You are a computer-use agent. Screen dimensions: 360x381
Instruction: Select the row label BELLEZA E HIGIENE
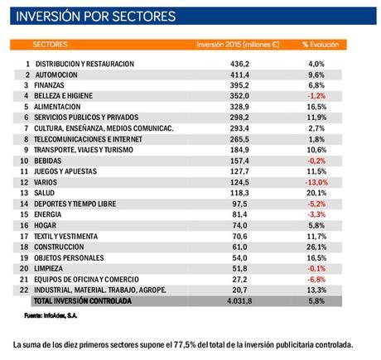(68, 96)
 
